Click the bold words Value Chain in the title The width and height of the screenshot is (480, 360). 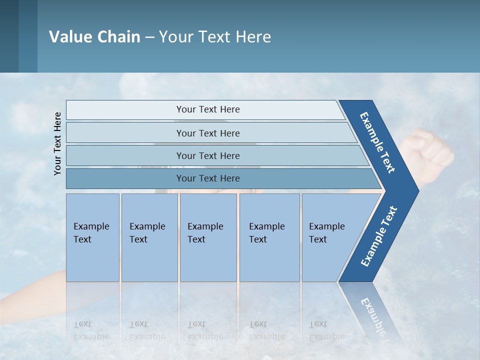point(94,37)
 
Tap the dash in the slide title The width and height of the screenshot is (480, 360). point(149,37)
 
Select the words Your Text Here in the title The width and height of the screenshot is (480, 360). point(215,37)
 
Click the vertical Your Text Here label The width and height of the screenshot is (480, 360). point(57,144)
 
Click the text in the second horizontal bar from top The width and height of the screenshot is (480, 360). point(208,133)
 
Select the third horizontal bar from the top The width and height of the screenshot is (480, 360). point(215,156)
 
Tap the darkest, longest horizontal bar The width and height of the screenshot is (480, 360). point(220,178)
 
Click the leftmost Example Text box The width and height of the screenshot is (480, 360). point(92,237)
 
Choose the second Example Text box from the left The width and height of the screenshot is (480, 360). point(149,237)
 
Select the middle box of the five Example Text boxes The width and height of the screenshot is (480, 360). point(208,237)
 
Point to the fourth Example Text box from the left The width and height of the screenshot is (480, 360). point(269,237)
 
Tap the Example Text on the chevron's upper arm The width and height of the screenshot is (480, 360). point(377,142)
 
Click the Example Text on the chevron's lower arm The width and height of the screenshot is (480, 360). point(378,236)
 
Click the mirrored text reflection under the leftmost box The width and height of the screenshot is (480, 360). point(91,330)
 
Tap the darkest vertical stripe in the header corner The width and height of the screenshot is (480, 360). point(9,36)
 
